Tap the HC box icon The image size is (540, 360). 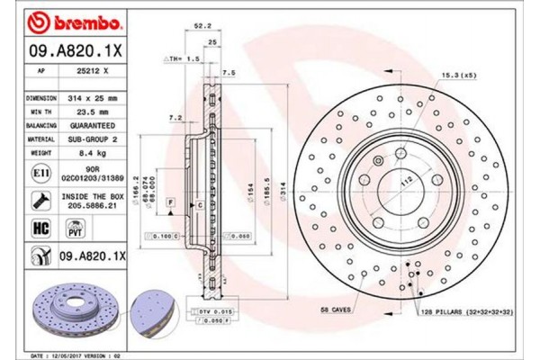point(41,229)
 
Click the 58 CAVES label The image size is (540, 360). point(338,309)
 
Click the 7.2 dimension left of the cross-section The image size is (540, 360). point(175,118)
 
